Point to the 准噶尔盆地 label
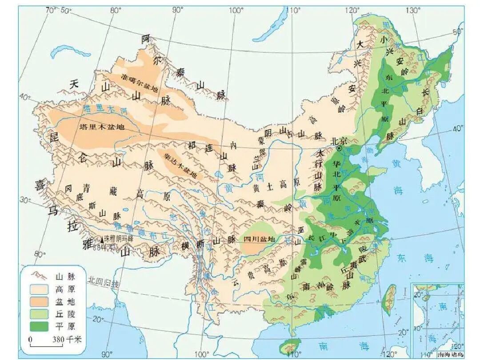(140, 83)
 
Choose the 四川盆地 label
(260, 239)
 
